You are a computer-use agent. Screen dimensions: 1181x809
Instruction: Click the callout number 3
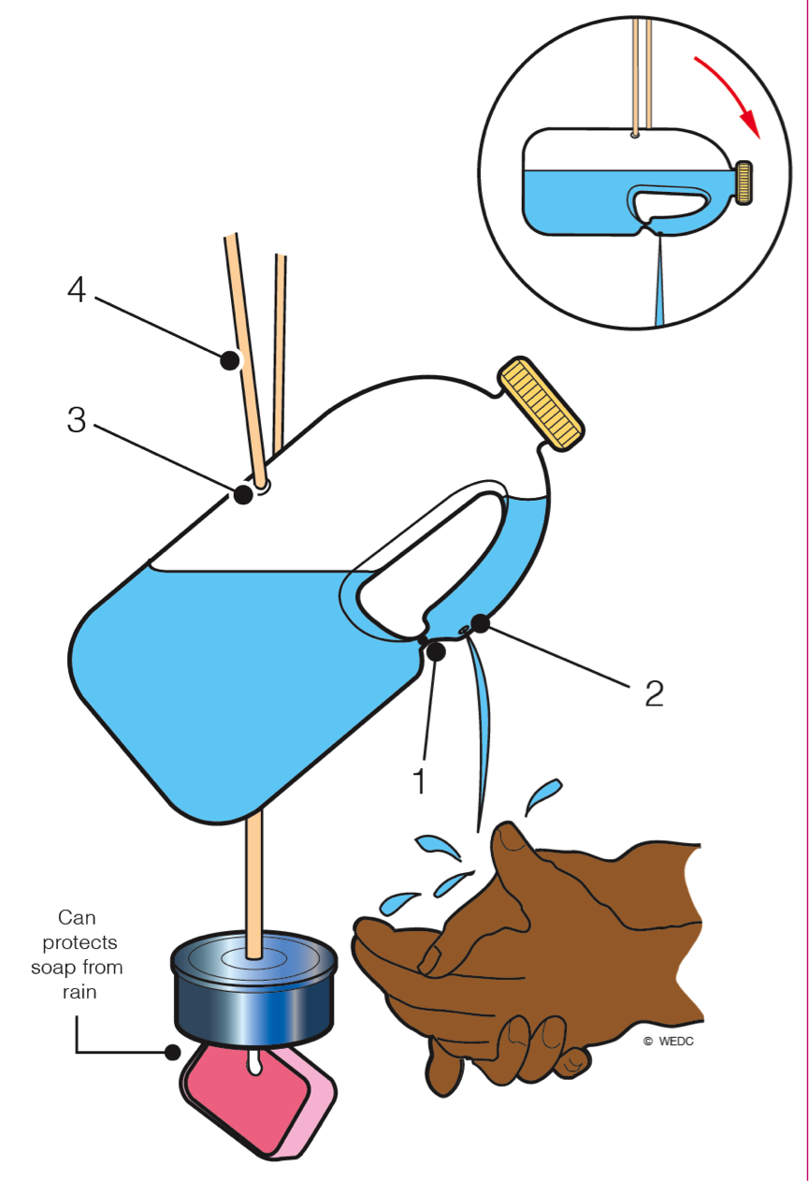tap(77, 421)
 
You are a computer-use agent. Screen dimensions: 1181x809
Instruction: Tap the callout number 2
tap(653, 693)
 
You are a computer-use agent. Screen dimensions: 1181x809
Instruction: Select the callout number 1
tap(420, 780)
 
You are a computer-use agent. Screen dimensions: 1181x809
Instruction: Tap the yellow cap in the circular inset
tap(744, 182)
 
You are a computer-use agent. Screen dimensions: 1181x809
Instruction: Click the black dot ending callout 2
tap(481, 621)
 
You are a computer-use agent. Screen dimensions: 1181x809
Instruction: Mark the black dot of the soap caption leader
tap(172, 1052)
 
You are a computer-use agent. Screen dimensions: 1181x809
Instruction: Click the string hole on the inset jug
tap(635, 135)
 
